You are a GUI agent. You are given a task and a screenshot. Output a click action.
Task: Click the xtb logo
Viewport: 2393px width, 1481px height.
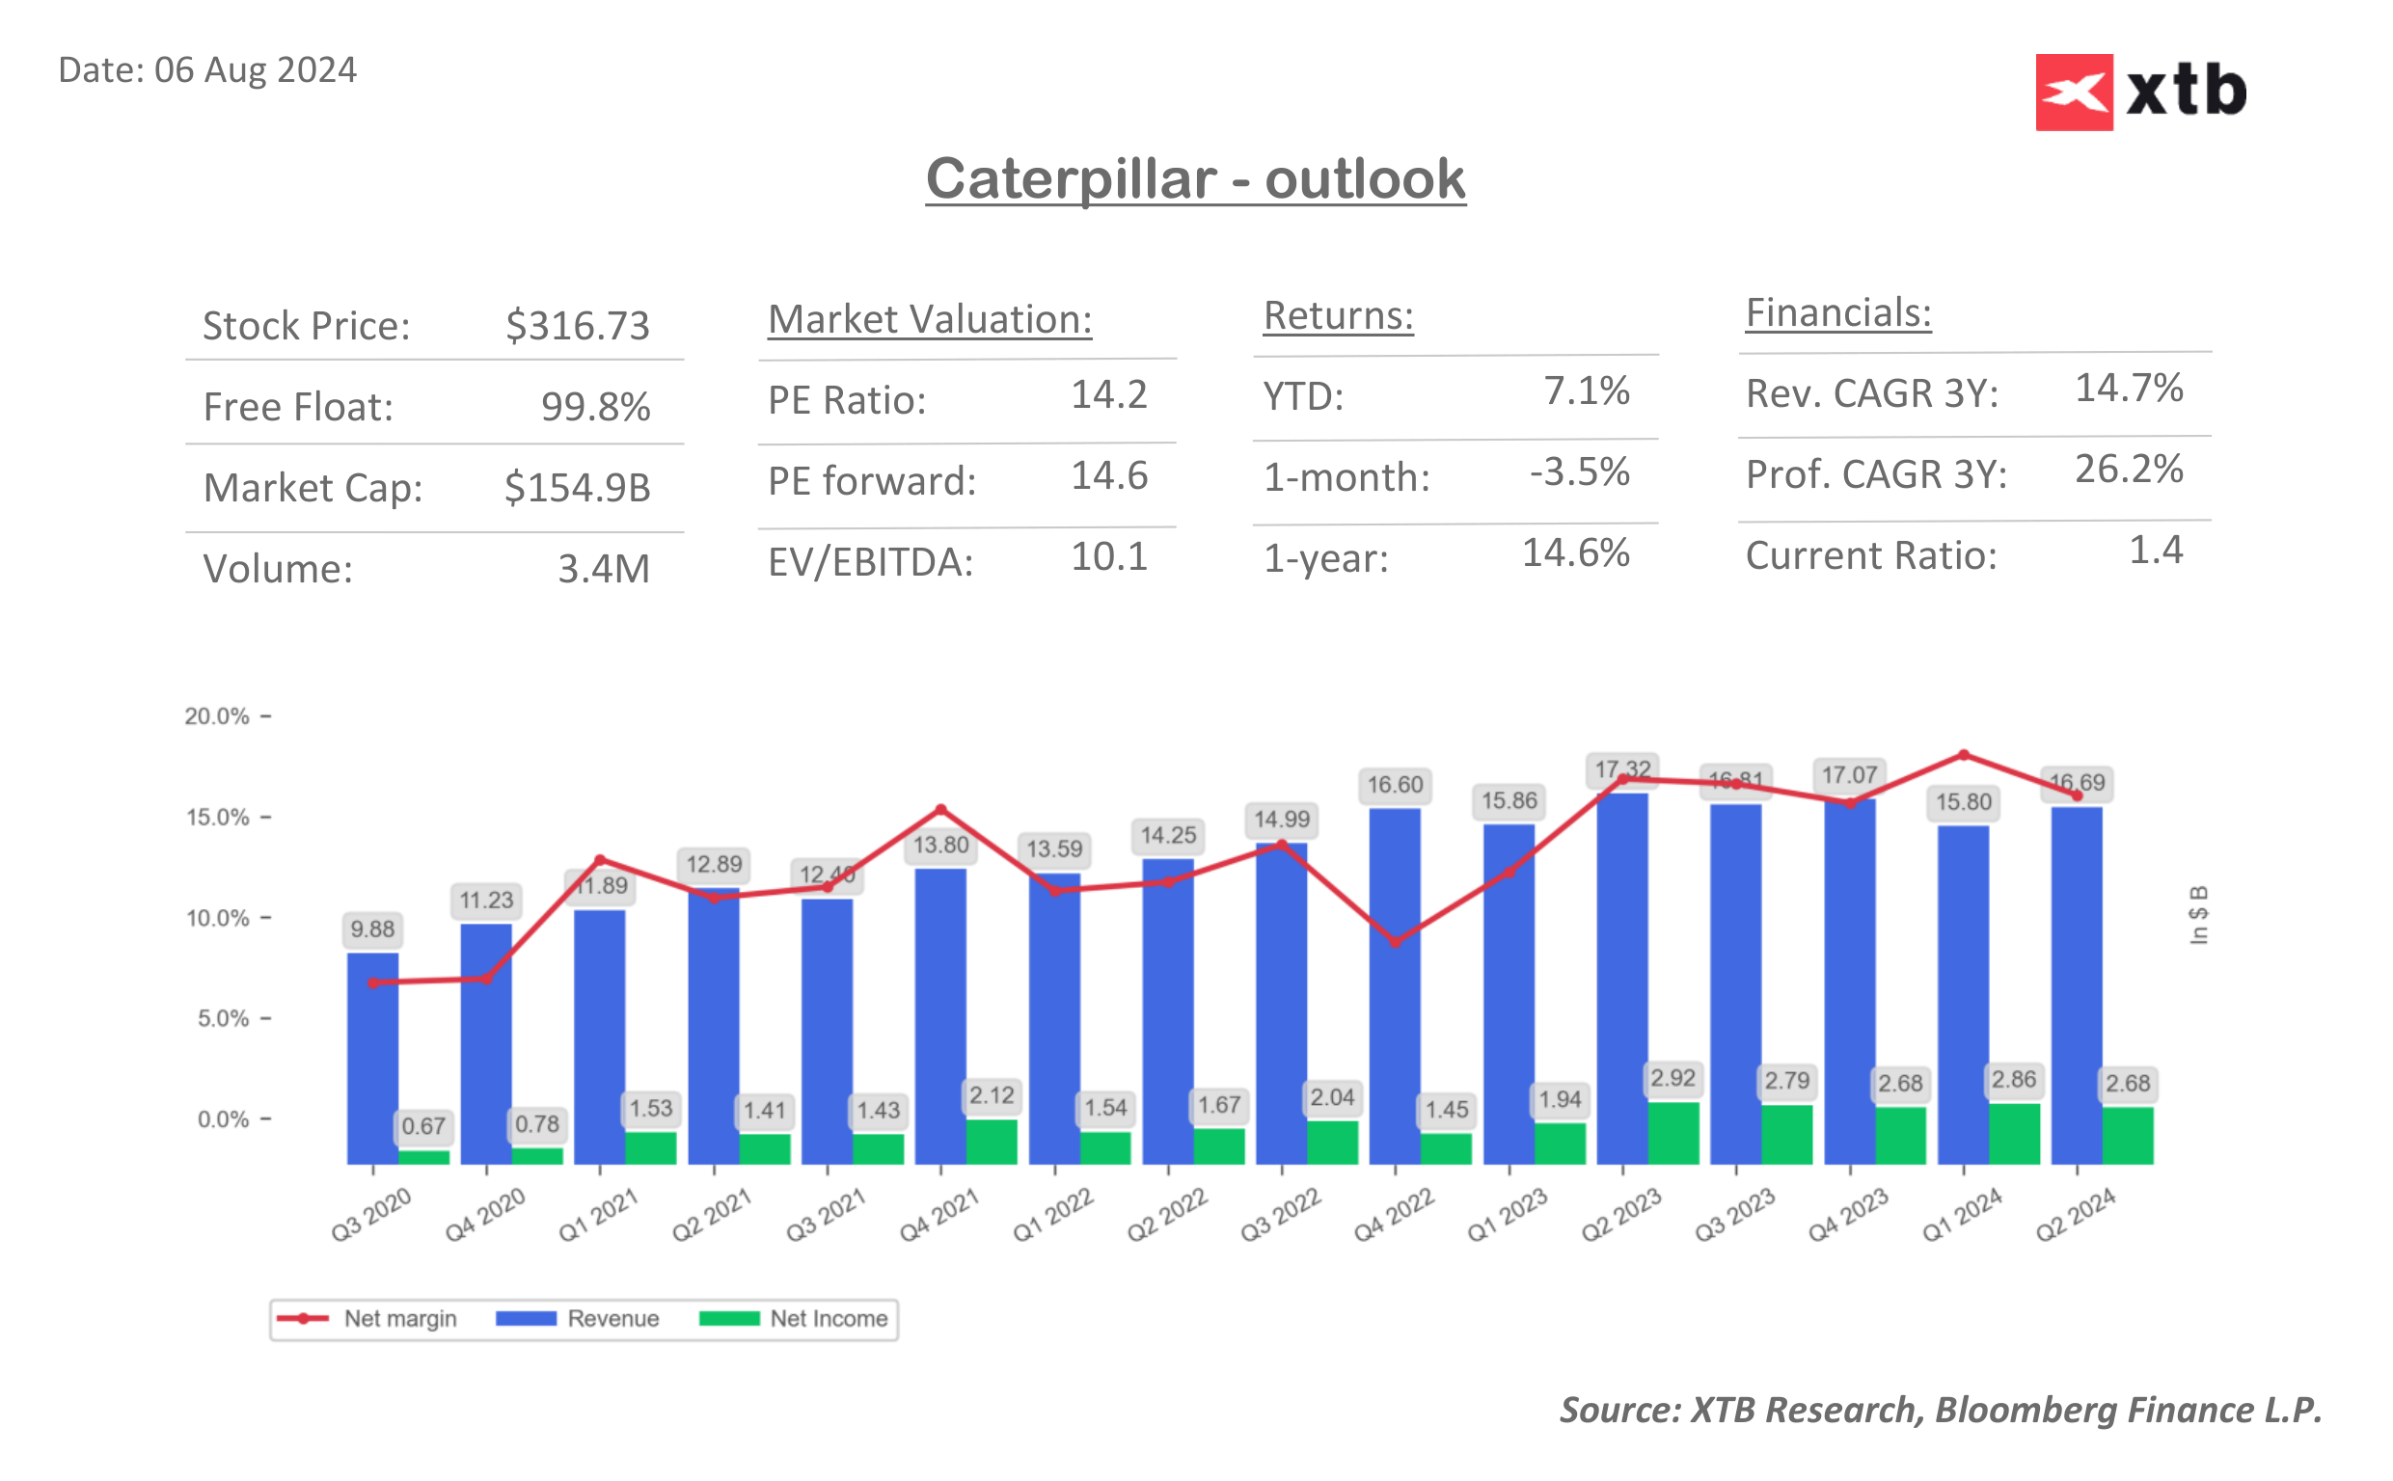click(x=2139, y=92)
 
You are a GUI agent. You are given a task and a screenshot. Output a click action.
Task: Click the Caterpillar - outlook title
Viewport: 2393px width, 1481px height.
click(x=1194, y=179)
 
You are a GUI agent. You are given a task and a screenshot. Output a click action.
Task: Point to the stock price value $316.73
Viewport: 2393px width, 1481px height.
click(x=577, y=325)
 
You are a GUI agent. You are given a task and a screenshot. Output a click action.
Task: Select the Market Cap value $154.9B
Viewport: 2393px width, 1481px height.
click(x=577, y=488)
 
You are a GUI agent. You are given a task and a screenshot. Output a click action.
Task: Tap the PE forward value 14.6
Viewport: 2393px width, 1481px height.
click(x=1108, y=476)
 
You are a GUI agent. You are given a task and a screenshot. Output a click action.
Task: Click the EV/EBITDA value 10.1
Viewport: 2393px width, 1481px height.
click(x=1108, y=557)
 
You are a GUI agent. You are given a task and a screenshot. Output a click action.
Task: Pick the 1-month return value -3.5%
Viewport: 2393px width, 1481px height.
click(x=1578, y=472)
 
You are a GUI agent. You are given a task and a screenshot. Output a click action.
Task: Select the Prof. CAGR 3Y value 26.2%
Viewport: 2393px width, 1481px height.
click(x=2128, y=470)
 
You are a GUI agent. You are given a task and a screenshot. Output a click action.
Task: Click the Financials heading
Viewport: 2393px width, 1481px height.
click(x=1836, y=313)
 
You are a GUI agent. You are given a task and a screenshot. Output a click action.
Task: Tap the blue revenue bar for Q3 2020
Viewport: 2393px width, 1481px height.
click(x=372, y=1058)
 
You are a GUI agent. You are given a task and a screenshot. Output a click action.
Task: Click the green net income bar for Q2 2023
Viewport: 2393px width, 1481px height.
click(x=1672, y=1132)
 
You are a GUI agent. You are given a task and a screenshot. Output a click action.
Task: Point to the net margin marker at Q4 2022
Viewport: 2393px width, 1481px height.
click(x=1395, y=942)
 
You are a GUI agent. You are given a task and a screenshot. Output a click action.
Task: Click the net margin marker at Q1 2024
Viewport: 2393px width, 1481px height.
click(x=1962, y=755)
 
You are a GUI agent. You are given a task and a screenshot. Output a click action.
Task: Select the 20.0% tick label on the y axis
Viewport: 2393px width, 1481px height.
click(x=216, y=716)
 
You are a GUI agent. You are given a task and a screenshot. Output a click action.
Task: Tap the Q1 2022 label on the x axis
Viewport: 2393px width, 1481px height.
click(x=1052, y=1215)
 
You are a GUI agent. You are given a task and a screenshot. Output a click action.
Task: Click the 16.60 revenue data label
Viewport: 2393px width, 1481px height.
click(x=1394, y=785)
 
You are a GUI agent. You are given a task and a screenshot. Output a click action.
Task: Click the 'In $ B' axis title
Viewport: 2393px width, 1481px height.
click(x=2197, y=915)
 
